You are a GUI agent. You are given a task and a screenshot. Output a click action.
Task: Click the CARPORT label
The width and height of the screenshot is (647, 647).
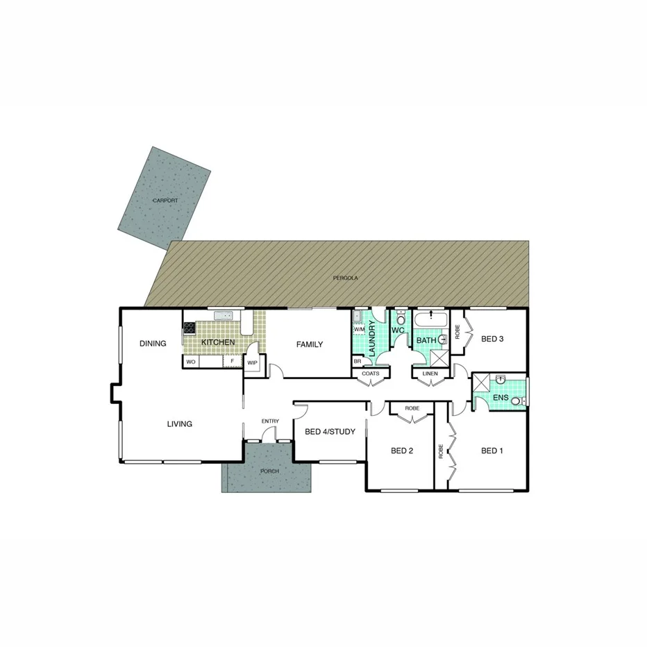(x=165, y=201)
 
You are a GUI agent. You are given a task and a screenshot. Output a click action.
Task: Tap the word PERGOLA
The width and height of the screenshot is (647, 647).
(x=345, y=277)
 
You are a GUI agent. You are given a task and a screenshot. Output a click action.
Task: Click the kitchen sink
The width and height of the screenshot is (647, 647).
(x=224, y=317)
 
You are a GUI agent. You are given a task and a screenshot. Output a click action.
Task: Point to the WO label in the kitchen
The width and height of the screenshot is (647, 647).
(x=191, y=362)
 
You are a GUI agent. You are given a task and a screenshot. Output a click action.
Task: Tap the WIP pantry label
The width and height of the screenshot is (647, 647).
(x=252, y=362)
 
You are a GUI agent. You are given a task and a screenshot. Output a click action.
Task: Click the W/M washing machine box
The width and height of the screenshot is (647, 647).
(x=359, y=330)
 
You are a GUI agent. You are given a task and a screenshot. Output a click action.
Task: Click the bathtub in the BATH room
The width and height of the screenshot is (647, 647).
(x=430, y=321)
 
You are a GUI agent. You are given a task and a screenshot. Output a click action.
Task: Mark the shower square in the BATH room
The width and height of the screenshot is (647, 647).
(x=439, y=358)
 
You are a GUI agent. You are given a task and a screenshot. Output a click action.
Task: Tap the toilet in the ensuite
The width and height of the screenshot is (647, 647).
(x=516, y=400)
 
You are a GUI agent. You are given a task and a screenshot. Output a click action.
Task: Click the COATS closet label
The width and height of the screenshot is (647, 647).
(x=371, y=373)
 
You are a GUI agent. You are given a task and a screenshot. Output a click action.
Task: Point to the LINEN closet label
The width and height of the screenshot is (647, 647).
(x=429, y=373)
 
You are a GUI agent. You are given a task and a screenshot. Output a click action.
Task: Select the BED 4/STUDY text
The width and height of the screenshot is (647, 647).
(x=330, y=432)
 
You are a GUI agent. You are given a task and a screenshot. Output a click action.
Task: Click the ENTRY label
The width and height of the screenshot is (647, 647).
(x=270, y=421)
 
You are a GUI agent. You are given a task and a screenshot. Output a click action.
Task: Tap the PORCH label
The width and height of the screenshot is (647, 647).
(x=269, y=471)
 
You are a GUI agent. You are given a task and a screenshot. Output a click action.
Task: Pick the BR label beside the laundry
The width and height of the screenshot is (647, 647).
(x=358, y=362)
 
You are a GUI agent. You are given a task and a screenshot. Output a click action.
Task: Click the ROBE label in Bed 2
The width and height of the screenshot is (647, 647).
(x=412, y=408)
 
